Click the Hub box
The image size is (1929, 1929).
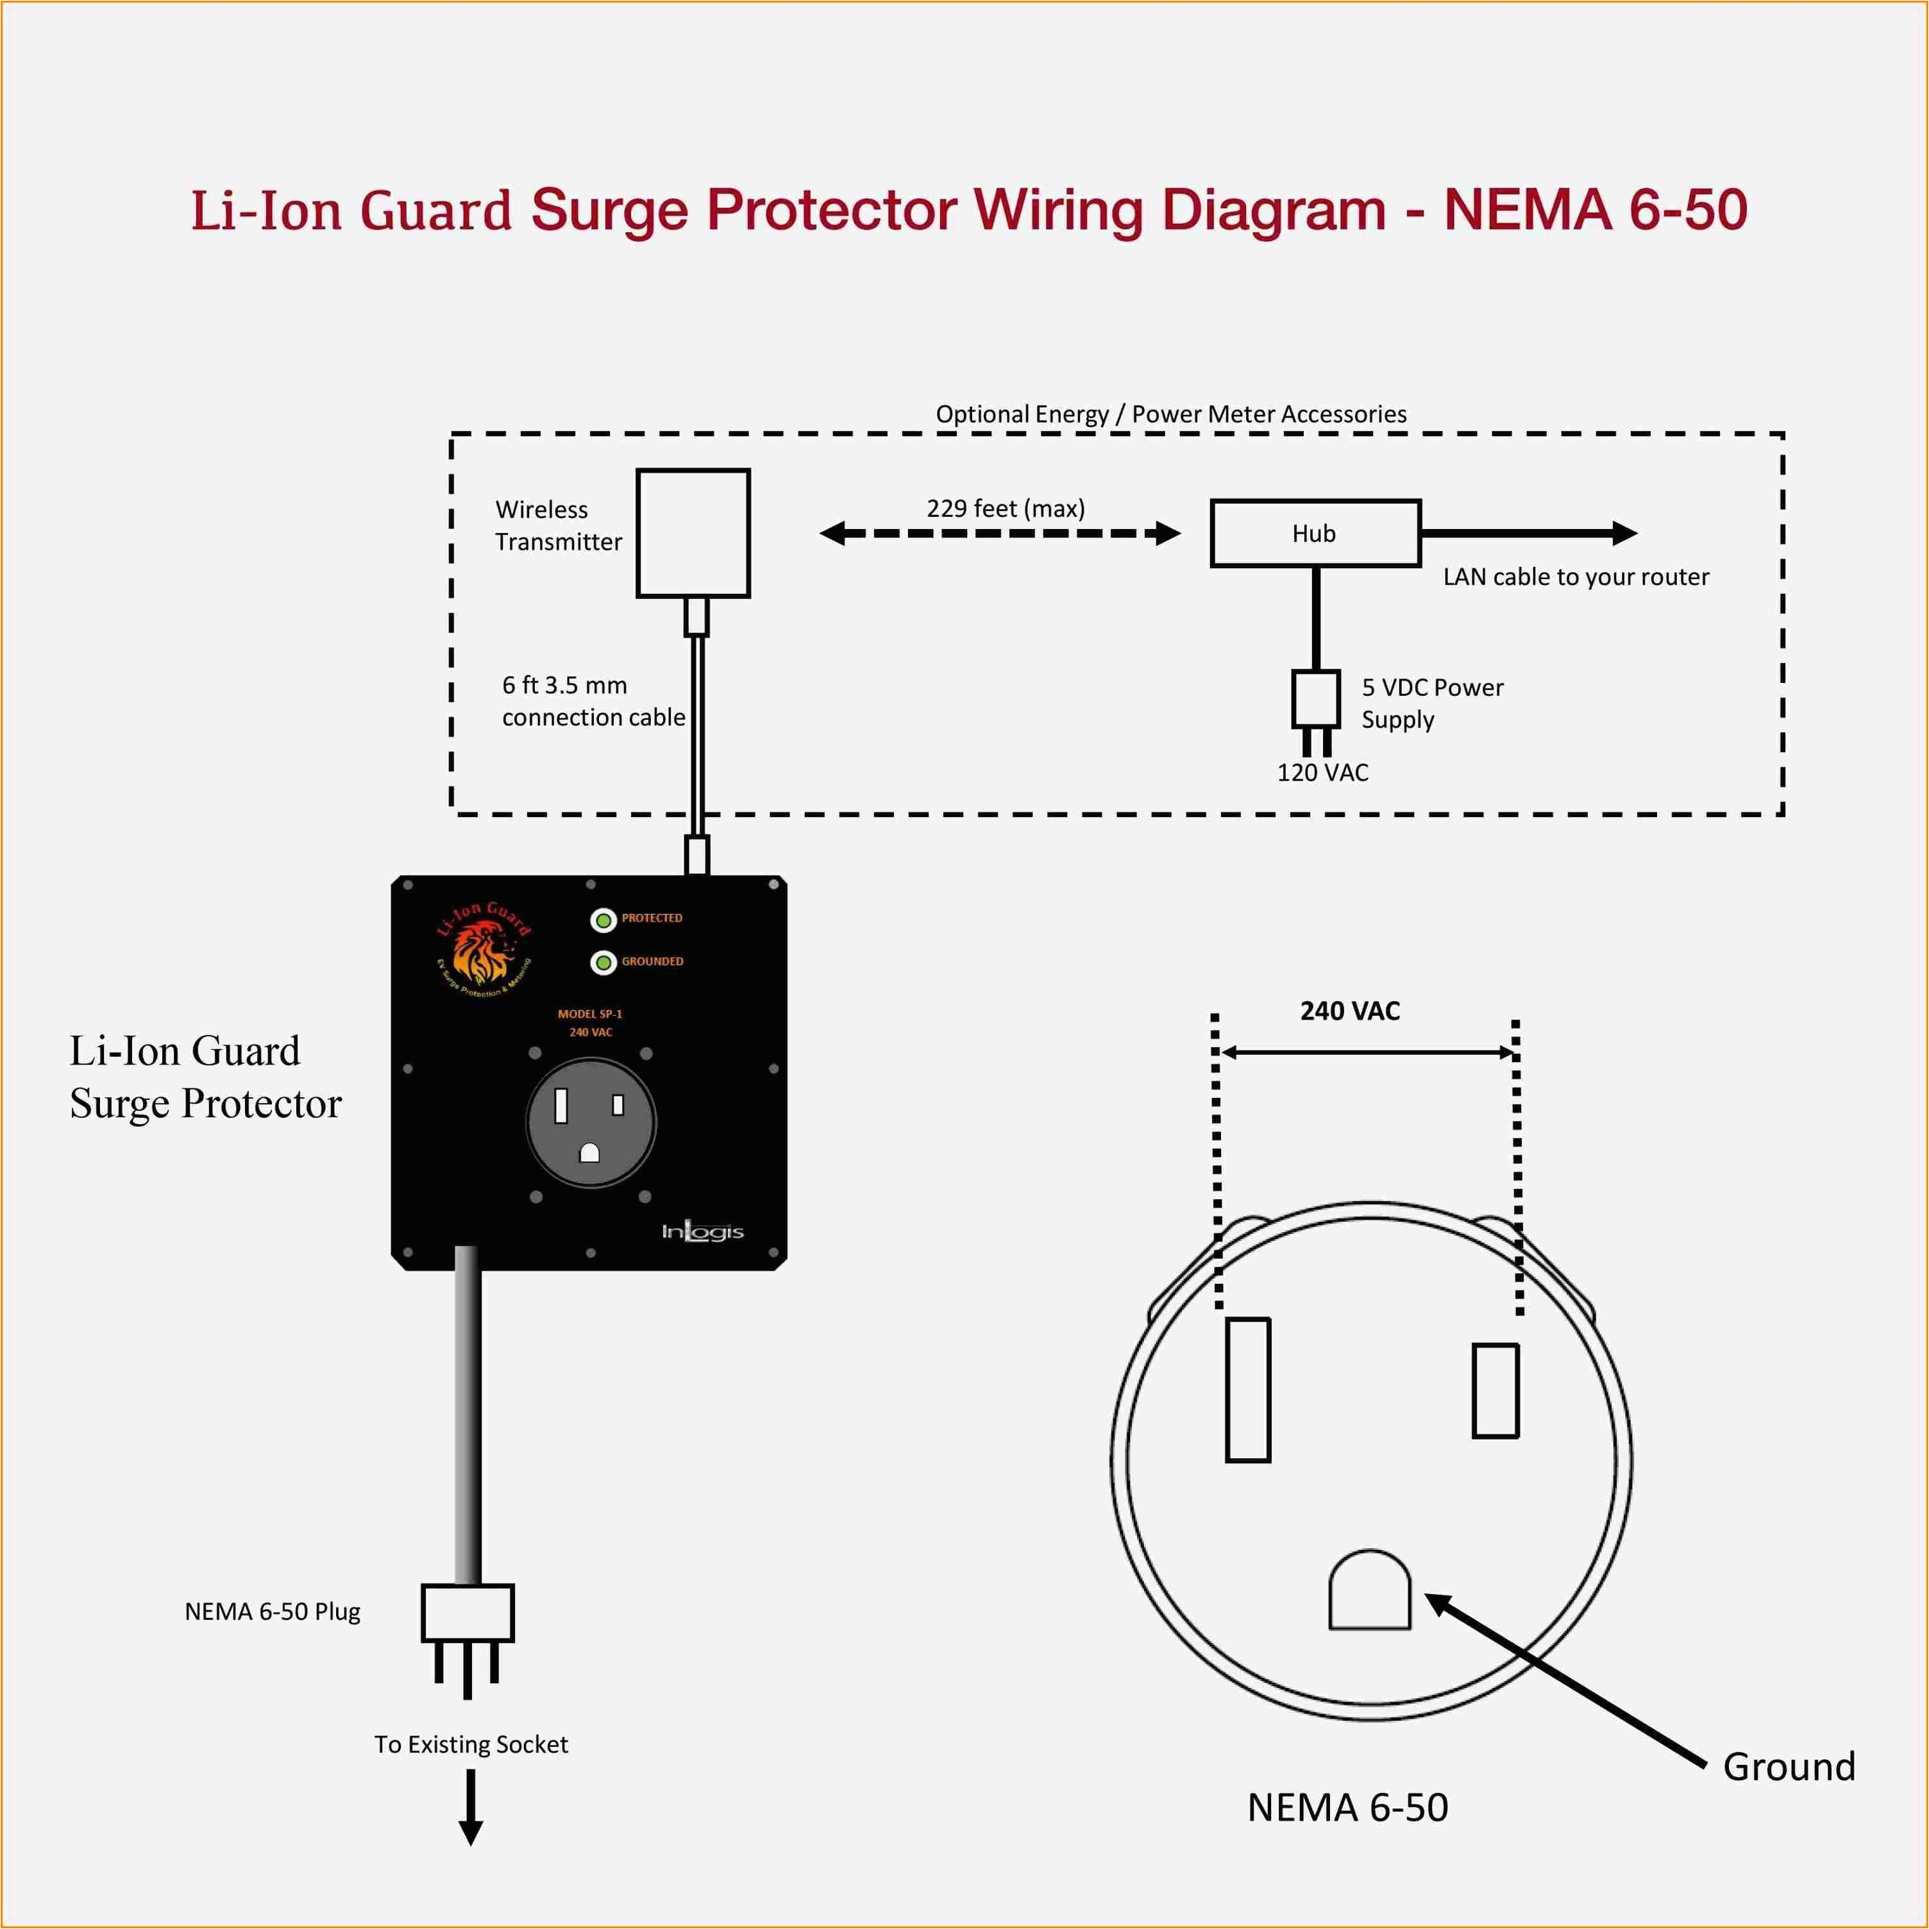click(1315, 533)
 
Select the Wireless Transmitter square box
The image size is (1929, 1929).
click(693, 533)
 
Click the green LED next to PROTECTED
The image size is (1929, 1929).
click(603, 920)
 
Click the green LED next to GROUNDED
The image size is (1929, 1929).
click(603, 963)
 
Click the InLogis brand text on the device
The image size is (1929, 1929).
click(702, 1232)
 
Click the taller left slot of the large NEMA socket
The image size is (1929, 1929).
click(1247, 1390)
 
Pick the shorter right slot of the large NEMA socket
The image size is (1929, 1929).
click(1495, 1391)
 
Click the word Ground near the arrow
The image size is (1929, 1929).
click(1788, 1767)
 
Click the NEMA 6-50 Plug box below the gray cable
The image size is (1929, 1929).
click(468, 1612)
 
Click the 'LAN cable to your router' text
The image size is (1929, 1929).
click(1576, 577)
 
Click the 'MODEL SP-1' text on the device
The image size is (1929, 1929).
click(589, 1013)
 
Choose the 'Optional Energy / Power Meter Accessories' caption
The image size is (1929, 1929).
click(1170, 414)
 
